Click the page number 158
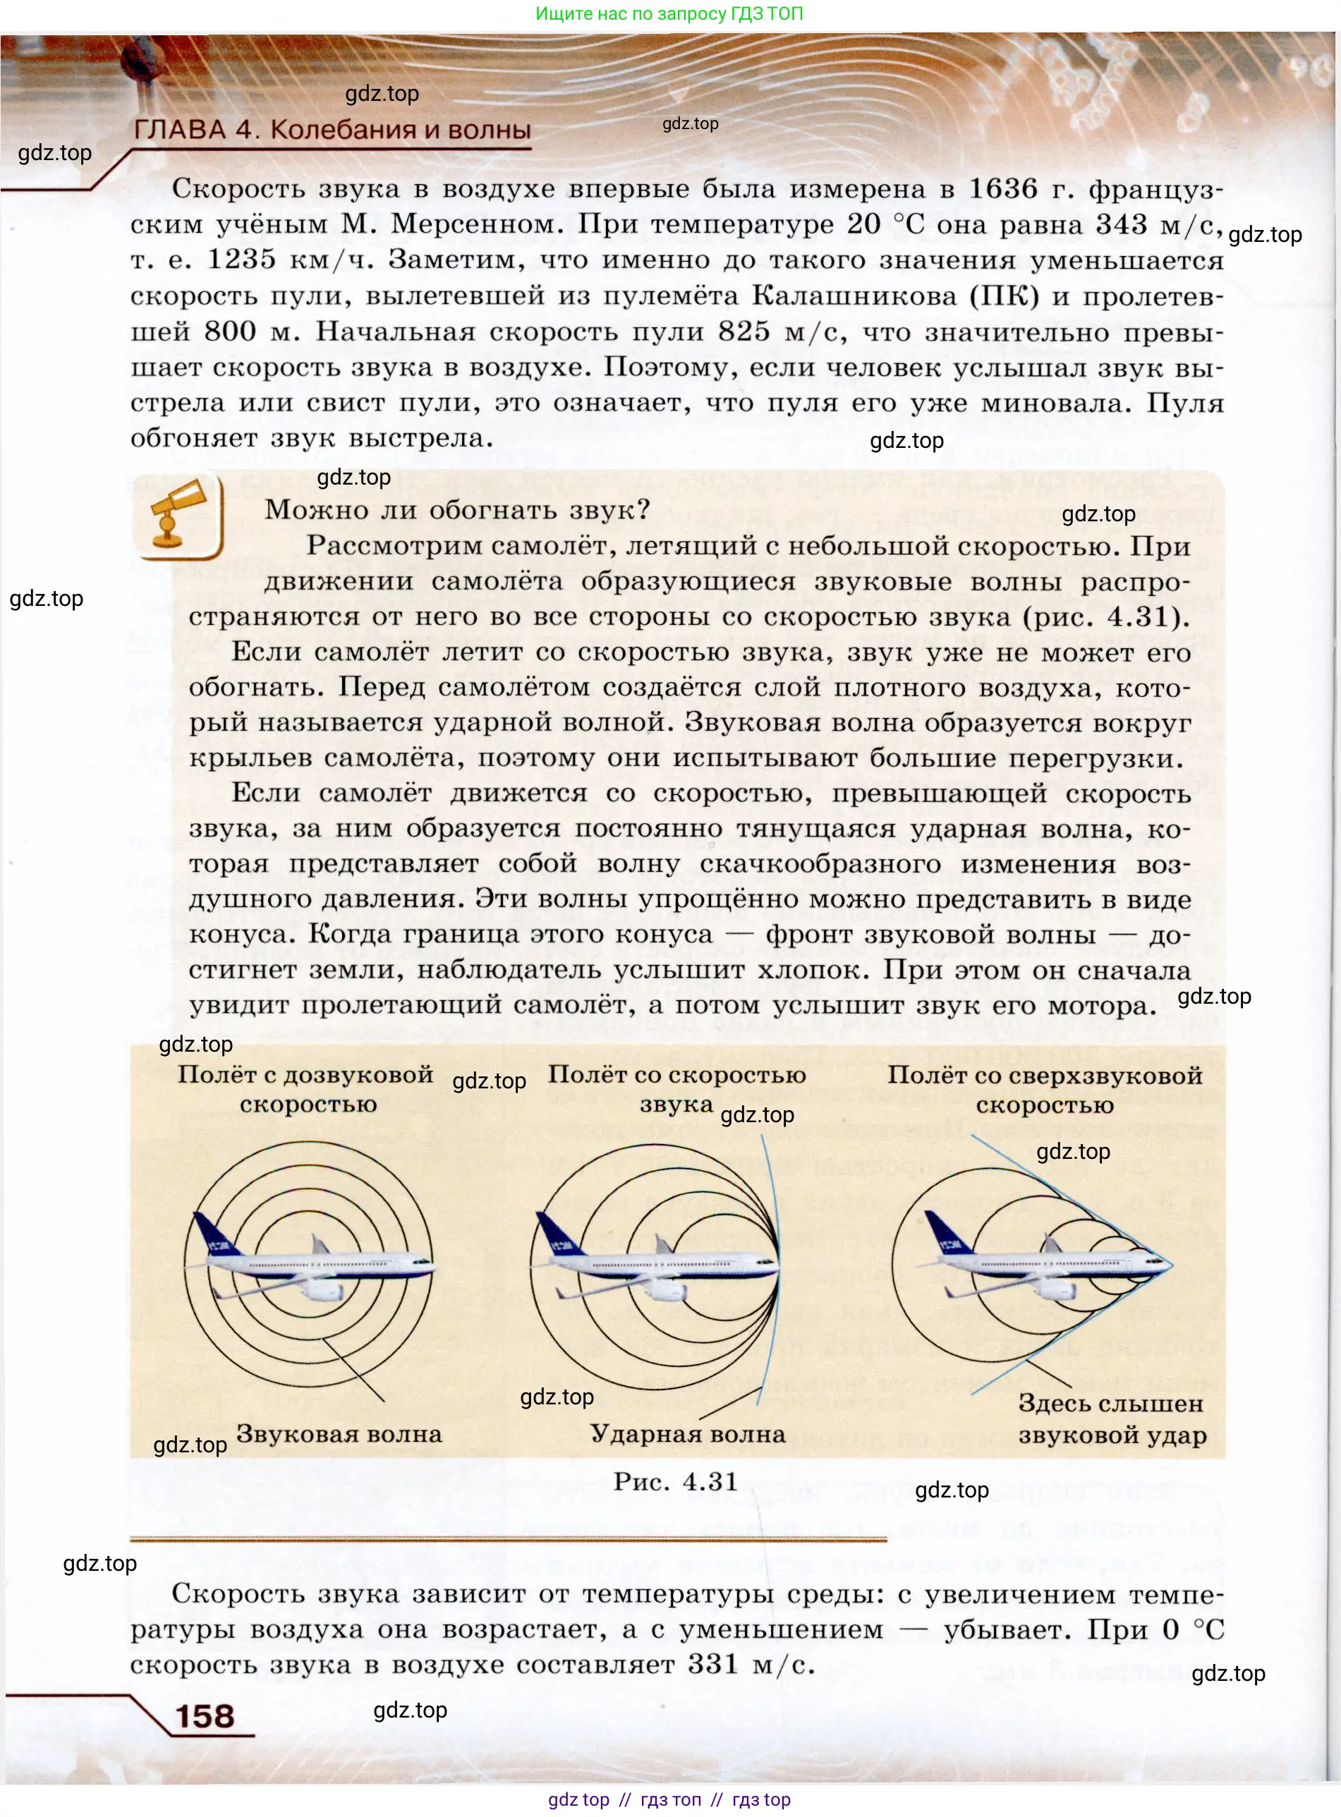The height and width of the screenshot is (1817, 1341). coord(205,1715)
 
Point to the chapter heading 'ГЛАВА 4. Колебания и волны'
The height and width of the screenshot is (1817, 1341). coord(332,130)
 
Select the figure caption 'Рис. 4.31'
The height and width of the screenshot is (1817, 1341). coord(675,1481)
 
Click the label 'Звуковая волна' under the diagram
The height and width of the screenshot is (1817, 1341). coord(339,1434)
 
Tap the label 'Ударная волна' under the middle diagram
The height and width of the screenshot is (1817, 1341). coord(688,1434)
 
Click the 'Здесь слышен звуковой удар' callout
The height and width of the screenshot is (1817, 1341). coord(1111,1419)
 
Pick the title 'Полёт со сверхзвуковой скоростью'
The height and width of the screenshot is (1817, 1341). coord(1045,1090)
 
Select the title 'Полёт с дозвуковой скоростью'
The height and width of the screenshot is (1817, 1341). coord(306,1089)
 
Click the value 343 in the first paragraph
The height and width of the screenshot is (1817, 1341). coord(1121,225)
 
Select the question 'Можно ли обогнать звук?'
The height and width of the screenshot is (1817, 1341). coord(458,510)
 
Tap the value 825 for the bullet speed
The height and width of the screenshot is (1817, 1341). coord(744,331)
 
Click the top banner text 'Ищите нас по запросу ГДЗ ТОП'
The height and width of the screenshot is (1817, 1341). coord(669,14)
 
